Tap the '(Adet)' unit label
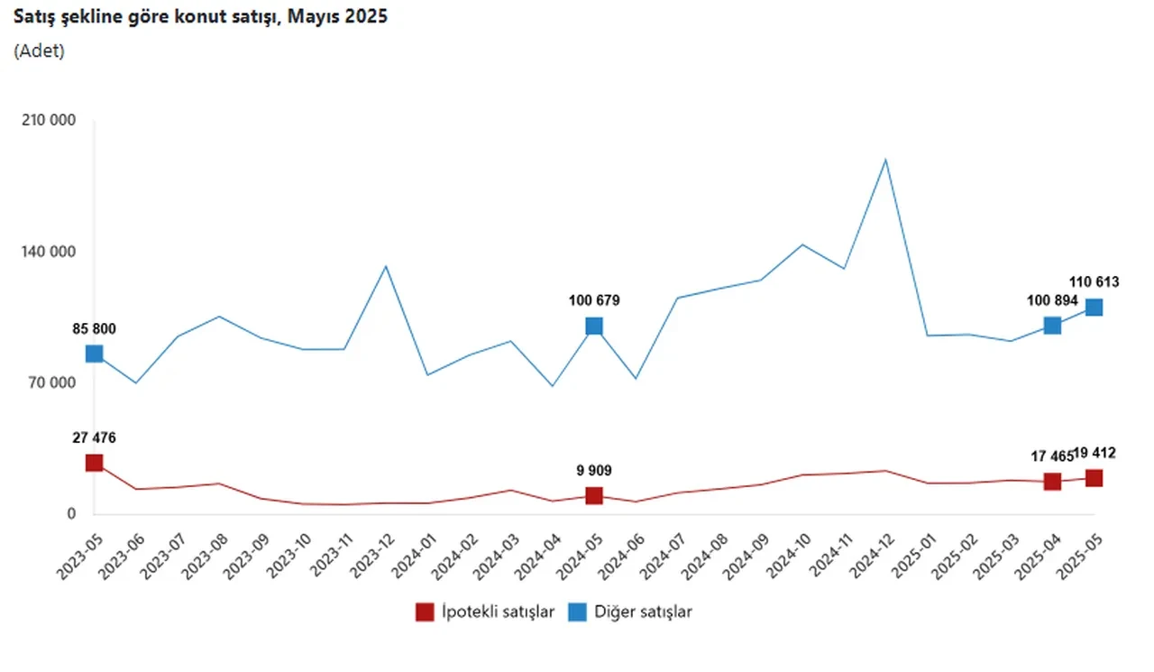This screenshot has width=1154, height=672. click(40, 51)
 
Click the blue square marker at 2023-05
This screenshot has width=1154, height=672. click(94, 354)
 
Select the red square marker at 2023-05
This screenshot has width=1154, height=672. click(94, 463)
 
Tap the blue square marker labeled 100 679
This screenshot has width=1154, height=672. click(594, 326)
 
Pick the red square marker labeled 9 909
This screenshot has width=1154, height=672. click(594, 495)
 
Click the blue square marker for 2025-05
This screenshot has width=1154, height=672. click(1094, 307)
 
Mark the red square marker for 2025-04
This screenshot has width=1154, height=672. click(1052, 482)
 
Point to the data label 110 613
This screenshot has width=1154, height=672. click(1094, 282)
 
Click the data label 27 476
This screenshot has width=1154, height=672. click(94, 437)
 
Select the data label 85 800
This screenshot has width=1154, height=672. click(94, 328)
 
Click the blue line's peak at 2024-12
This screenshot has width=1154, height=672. click(885, 160)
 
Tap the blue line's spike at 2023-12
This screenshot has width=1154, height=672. click(386, 266)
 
